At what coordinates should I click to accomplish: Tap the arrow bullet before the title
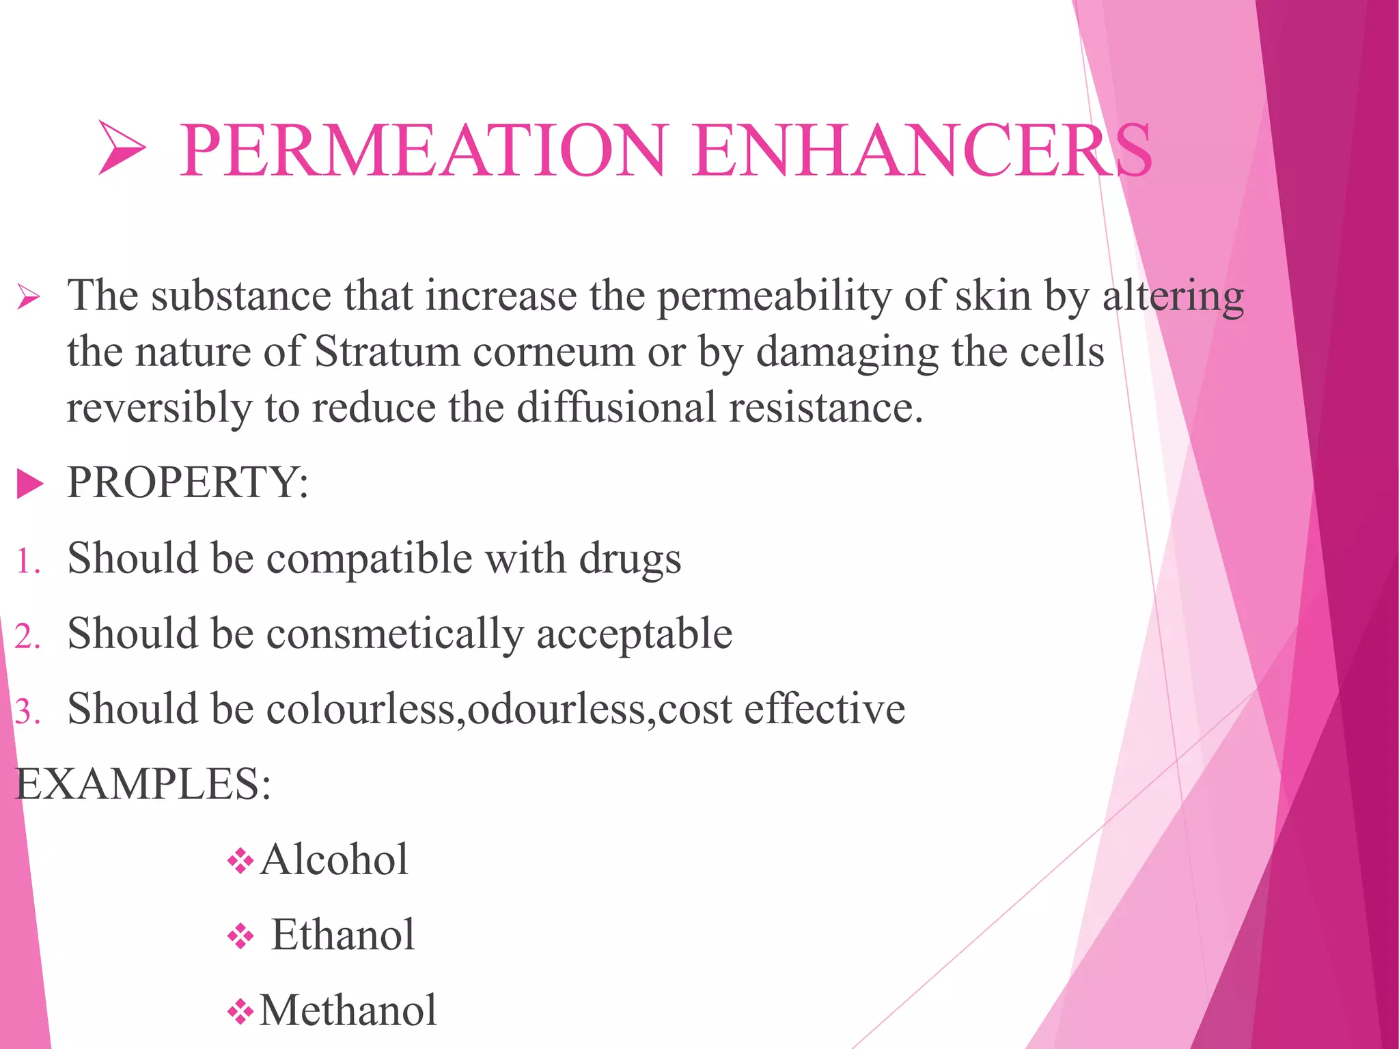[122, 148]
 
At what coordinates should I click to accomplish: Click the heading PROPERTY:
[188, 482]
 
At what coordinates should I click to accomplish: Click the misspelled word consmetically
[394, 634]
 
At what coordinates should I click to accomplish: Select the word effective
[825, 708]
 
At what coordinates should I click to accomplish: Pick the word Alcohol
[334, 859]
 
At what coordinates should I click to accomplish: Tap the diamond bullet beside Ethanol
[240, 936]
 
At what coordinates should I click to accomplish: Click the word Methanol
[348, 1010]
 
